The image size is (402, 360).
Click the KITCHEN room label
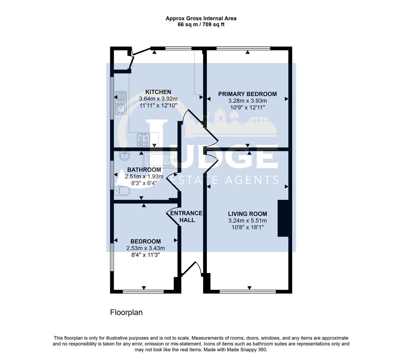tap(158, 92)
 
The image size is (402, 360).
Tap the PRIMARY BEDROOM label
tap(247, 94)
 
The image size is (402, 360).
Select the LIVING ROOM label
tap(247, 214)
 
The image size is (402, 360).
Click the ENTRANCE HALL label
tap(186, 216)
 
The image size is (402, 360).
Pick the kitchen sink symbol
tap(120, 102)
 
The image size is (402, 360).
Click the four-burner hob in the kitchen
tap(144, 139)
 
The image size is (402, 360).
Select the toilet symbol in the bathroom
tap(122, 191)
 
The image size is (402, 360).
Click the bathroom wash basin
tap(124, 155)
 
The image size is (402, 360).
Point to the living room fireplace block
tap(283, 218)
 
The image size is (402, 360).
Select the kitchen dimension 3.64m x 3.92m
tap(158, 99)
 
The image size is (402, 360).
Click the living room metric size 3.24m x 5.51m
tap(247, 221)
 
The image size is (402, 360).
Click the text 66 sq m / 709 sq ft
tap(201, 24)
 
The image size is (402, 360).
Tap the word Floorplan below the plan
tap(126, 312)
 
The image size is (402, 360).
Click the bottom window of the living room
tap(247, 292)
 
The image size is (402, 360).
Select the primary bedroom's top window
tap(243, 49)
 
